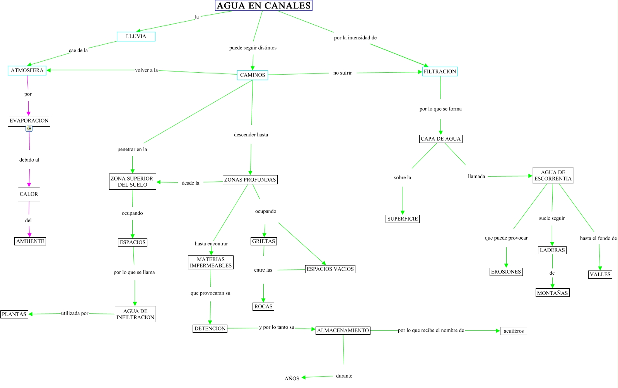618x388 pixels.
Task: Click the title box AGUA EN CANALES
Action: (x=263, y=6)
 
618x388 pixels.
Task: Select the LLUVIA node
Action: (x=136, y=36)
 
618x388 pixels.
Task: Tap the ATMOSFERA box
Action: (x=27, y=70)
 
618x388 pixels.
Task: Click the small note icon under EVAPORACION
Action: (x=29, y=128)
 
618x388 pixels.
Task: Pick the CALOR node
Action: (x=29, y=194)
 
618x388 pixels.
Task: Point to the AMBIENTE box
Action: (x=30, y=241)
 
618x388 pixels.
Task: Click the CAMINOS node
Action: (x=253, y=75)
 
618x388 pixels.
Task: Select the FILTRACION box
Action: (x=440, y=71)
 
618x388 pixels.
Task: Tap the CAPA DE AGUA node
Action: (x=440, y=139)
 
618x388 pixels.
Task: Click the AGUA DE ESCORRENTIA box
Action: (x=553, y=175)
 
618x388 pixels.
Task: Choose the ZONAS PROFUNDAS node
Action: (x=250, y=180)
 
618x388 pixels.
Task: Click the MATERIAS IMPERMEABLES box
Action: (x=211, y=262)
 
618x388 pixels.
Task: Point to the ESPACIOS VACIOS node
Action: (x=330, y=269)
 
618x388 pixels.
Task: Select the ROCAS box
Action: (x=263, y=306)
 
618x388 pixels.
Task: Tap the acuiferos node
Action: (x=514, y=331)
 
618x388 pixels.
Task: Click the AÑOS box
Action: (x=292, y=378)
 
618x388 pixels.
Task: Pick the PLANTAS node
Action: (x=14, y=314)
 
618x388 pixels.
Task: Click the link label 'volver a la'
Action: (x=146, y=70)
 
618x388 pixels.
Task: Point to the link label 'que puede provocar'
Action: (x=506, y=238)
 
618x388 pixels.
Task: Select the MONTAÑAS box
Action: (x=552, y=293)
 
